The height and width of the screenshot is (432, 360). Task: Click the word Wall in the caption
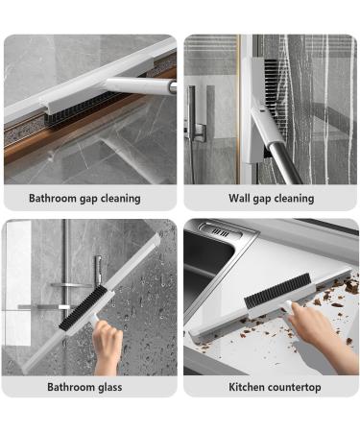(x=240, y=199)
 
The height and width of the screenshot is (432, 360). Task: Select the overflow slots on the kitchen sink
(x=220, y=233)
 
